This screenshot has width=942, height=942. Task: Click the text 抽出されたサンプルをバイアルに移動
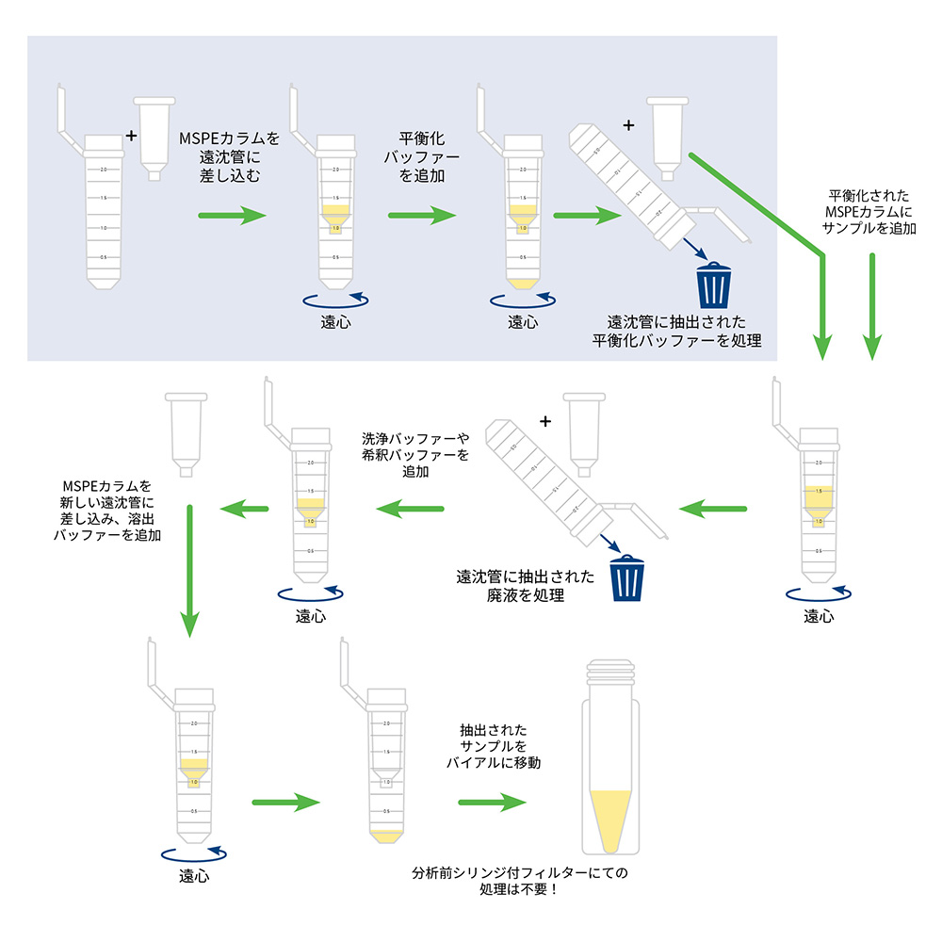pos(493,747)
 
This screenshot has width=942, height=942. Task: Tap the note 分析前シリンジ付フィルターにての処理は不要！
pos(520,881)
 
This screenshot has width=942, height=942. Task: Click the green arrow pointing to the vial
pos(492,803)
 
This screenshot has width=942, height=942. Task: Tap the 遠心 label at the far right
pos(819,617)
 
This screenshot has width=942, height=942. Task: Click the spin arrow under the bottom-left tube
pos(194,853)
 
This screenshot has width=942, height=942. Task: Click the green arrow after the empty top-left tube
pos(233,216)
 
